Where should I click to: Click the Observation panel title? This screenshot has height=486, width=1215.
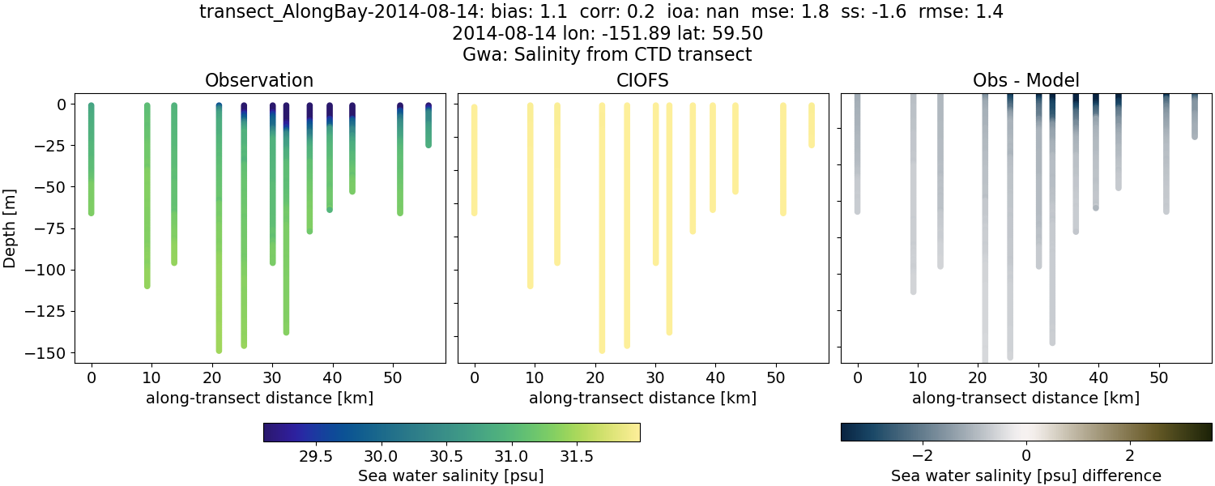pos(259,80)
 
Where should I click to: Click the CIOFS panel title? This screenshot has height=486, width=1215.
pos(643,80)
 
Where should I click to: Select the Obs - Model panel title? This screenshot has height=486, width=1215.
pos(1026,80)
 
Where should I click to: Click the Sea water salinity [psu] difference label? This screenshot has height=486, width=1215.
pos(1026,475)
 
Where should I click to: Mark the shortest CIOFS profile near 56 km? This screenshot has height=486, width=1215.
pos(812,126)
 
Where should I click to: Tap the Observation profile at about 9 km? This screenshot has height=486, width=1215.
pos(147,194)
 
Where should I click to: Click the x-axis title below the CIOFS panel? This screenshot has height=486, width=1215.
pos(643,398)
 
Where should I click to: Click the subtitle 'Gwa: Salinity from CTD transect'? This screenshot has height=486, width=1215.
pos(607,54)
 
